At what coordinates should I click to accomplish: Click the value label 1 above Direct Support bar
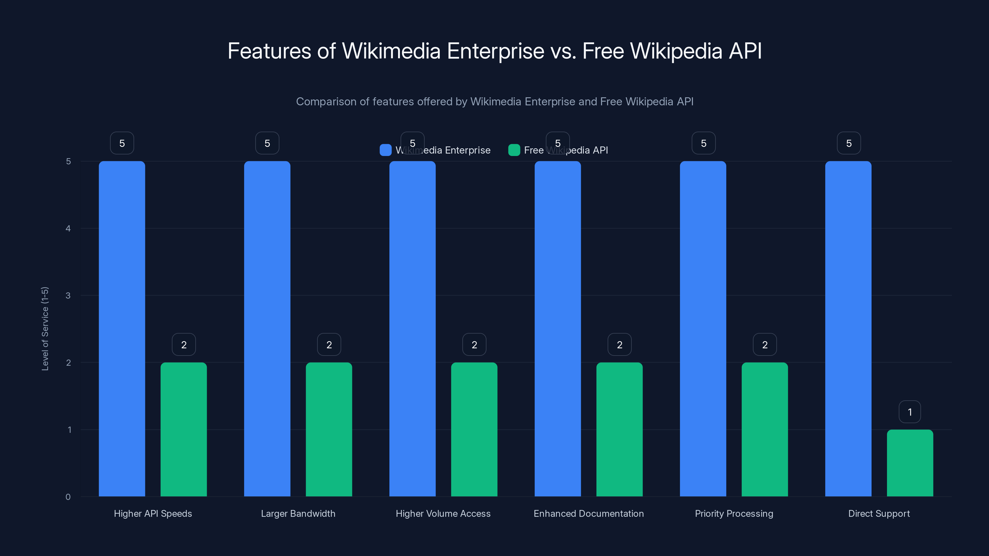(x=910, y=412)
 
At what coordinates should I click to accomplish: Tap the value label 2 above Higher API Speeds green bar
(x=184, y=345)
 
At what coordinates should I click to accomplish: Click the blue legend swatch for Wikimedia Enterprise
(x=385, y=150)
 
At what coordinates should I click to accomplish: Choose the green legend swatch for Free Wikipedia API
(x=514, y=150)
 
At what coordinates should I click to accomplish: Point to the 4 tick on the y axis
(x=68, y=228)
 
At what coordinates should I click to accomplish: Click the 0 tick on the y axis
(x=68, y=497)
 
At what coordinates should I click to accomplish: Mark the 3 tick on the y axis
(x=68, y=296)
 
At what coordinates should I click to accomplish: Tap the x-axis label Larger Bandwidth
(x=298, y=513)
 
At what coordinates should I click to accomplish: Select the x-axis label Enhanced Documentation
(x=588, y=513)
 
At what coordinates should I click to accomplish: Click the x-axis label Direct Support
(x=879, y=513)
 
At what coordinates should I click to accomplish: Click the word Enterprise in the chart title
(x=495, y=51)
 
